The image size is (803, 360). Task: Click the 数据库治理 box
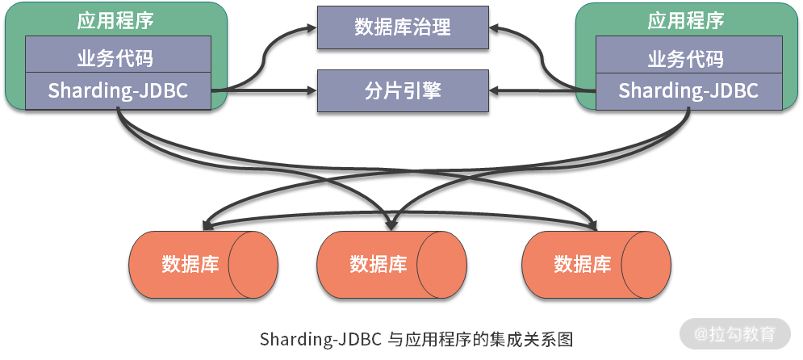click(x=403, y=27)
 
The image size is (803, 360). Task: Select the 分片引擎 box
click(x=403, y=90)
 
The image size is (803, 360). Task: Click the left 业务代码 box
click(x=118, y=57)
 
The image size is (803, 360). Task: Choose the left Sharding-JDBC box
click(x=118, y=90)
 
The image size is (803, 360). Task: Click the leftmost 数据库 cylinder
click(x=203, y=264)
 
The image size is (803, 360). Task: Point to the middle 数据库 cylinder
click(x=391, y=264)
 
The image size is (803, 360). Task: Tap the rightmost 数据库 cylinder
click(x=596, y=264)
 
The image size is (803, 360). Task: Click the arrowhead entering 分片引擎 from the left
click(x=312, y=90)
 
